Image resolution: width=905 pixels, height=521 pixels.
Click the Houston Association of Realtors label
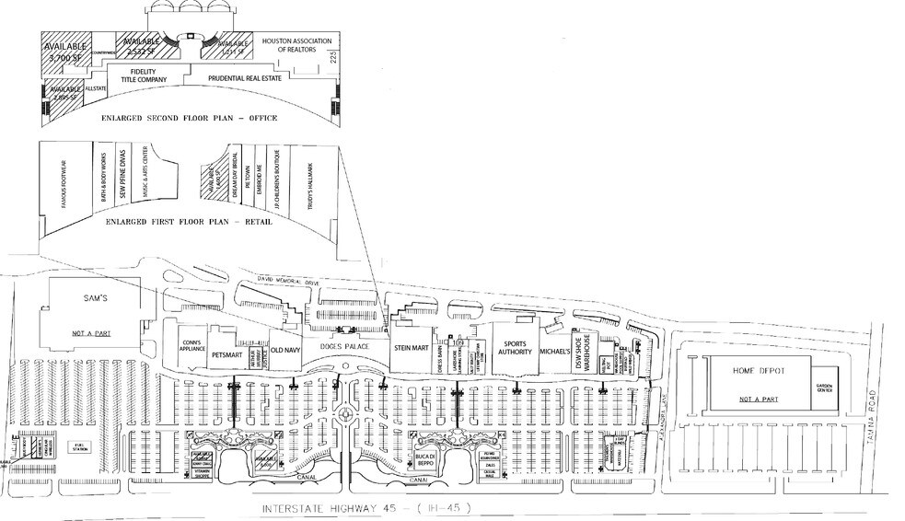[290, 45]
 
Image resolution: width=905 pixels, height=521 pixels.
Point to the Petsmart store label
[226, 352]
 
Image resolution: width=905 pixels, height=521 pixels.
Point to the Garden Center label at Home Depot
[822, 388]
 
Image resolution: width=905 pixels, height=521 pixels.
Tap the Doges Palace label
[344, 346]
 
